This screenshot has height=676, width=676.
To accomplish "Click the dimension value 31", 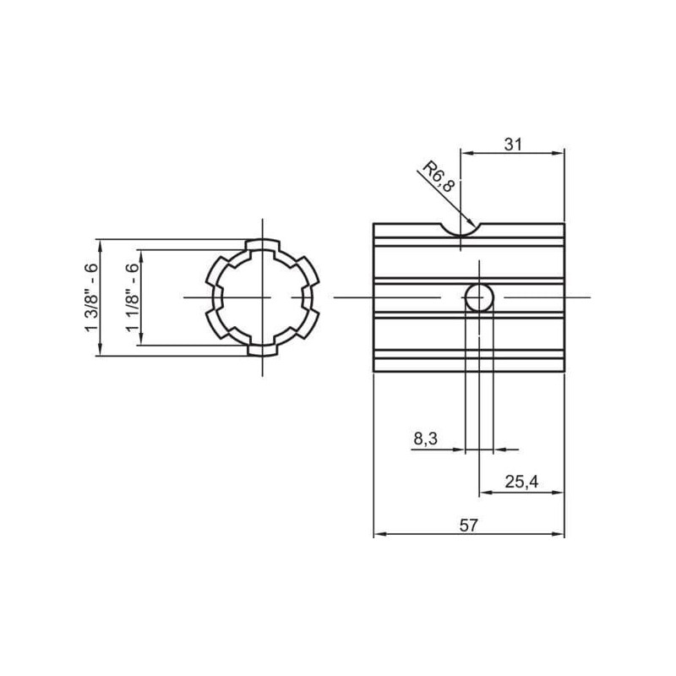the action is pos(513,144).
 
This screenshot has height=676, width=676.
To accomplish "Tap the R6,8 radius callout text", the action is pos(439,177).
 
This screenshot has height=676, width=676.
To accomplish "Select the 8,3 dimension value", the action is pos(426,439).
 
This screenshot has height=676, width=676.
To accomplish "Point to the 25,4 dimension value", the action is pos(521,482).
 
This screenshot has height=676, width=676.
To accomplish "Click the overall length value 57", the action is pos(469,526).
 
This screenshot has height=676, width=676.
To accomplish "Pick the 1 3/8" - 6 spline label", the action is pos(91,297).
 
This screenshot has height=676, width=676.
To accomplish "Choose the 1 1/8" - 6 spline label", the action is pos(133,297).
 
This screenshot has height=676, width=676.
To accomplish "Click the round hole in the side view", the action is pos(479,297).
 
